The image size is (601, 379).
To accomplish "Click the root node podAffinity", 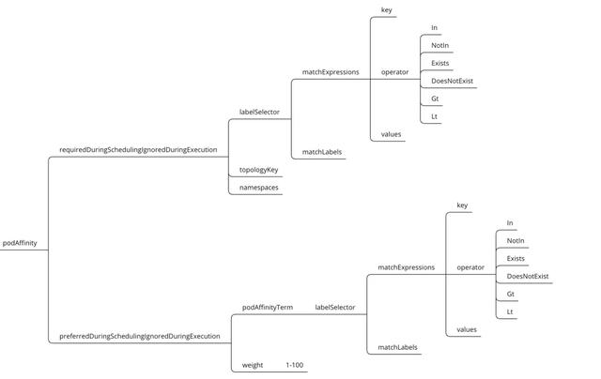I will click(20, 243).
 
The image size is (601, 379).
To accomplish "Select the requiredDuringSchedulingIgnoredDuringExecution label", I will click(138, 149).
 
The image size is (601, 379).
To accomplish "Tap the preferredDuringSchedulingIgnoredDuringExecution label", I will click(139, 335).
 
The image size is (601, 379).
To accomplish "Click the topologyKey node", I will click(258, 170).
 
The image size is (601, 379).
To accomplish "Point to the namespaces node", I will click(258, 187).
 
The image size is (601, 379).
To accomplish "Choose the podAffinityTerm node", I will click(268, 307).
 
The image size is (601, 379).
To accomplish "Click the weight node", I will click(253, 364).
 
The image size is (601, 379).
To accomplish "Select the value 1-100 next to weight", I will click(295, 364).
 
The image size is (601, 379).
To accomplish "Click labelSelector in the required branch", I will click(259, 113).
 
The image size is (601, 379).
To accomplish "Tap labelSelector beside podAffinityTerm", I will click(334, 307).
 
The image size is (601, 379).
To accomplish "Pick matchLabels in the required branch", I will click(321, 152).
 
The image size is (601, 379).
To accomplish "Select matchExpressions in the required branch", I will click(331, 71).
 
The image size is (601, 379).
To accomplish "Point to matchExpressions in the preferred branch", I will click(407, 267).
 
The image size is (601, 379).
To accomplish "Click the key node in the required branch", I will click(386, 9).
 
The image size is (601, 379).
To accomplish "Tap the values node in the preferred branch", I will click(467, 329).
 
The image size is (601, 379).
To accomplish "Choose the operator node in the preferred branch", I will click(470, 267).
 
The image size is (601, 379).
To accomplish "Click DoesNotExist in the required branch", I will click(452, 81).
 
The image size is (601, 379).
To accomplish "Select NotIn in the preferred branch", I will click(516, 240).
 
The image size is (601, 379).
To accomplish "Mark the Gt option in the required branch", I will click(435, 99).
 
